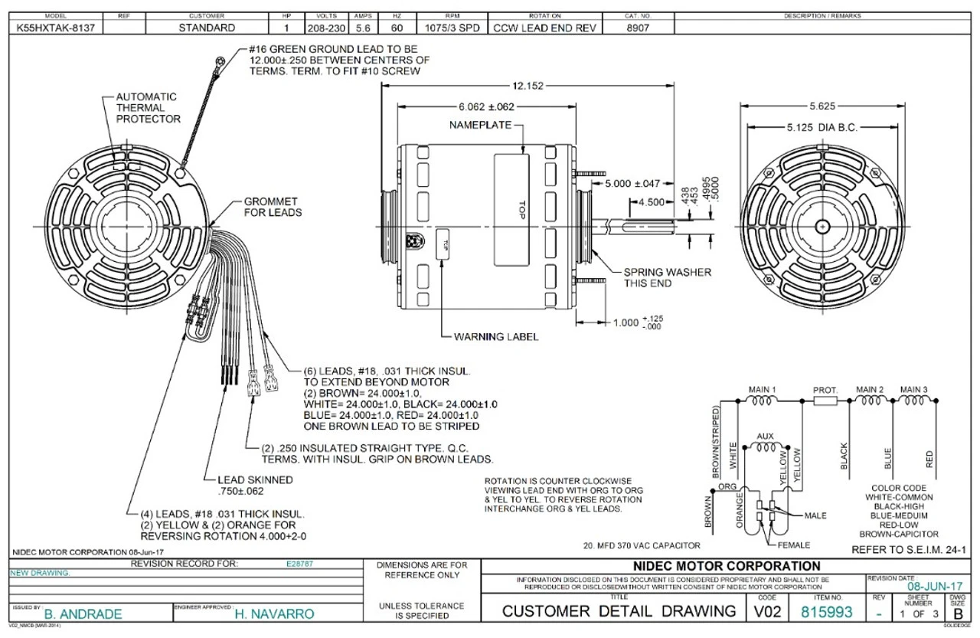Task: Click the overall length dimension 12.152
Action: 528,86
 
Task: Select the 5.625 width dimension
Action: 822,106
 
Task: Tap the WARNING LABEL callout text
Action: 496,336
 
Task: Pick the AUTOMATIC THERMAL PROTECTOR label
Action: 148,108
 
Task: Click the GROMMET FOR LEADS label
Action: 273,207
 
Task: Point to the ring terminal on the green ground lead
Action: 220,59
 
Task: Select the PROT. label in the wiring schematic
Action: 825,391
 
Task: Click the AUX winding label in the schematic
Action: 764,436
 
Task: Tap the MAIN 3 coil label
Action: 914,389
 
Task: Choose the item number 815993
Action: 826,612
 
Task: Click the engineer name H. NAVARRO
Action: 274,613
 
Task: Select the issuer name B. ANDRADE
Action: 83,613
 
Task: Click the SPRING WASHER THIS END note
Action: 666,277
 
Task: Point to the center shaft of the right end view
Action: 822,226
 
